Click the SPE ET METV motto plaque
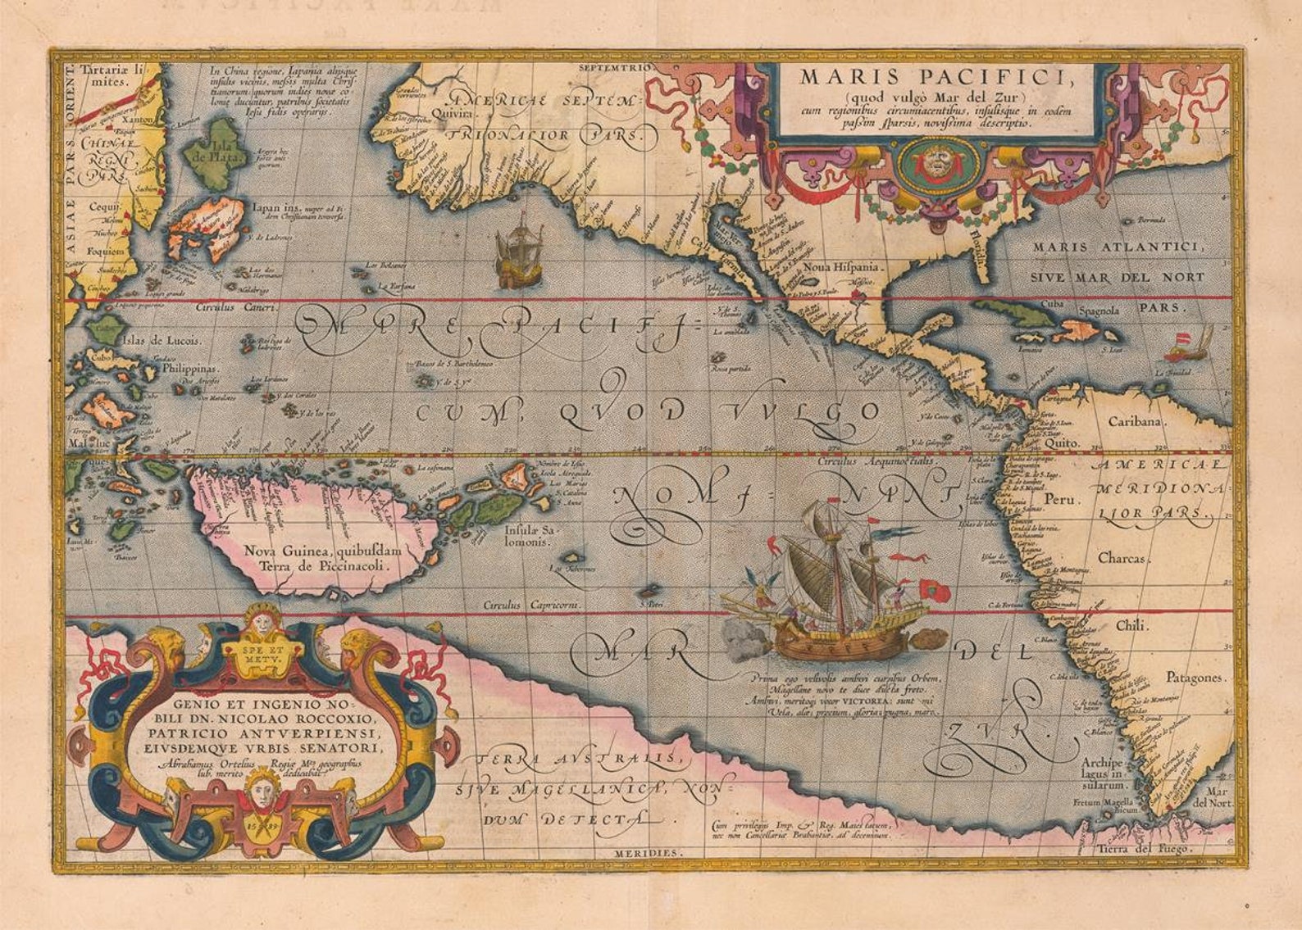pyautogui.click(x=262, y=653)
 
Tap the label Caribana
pyautogui.click(x=1136, y=422)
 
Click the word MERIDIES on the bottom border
pyautogui.click(x=647, y=853)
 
